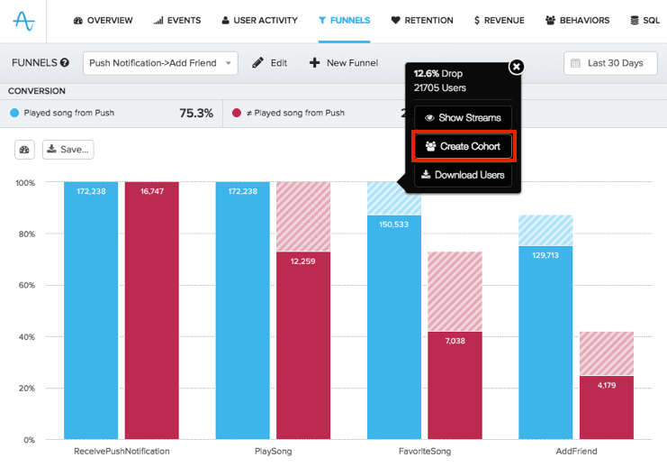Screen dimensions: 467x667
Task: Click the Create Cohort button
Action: [x=463, y=146]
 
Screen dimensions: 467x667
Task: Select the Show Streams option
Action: [x=463, y=118]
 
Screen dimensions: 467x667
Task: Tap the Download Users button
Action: [x=463, y=175]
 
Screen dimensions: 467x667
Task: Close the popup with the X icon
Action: [x=516, y=67]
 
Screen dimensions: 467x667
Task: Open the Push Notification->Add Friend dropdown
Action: [x=160, y=63]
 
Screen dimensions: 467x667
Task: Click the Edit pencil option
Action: [x=270, y=63]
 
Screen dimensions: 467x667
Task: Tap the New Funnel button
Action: [x=344, y=63]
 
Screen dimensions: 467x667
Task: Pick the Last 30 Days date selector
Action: [x=608, y=63]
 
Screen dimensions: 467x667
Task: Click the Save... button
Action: [x=68, y=150]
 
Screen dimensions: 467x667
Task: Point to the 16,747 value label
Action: [x=152, y=192]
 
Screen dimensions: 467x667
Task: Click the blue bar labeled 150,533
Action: [x=393, y=325]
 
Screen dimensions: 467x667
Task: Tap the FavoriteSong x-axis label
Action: [x=425, y=451]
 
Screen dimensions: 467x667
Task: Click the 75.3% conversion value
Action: [x=196, y=114]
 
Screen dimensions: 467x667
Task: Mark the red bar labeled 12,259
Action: [x=303, y=343]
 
